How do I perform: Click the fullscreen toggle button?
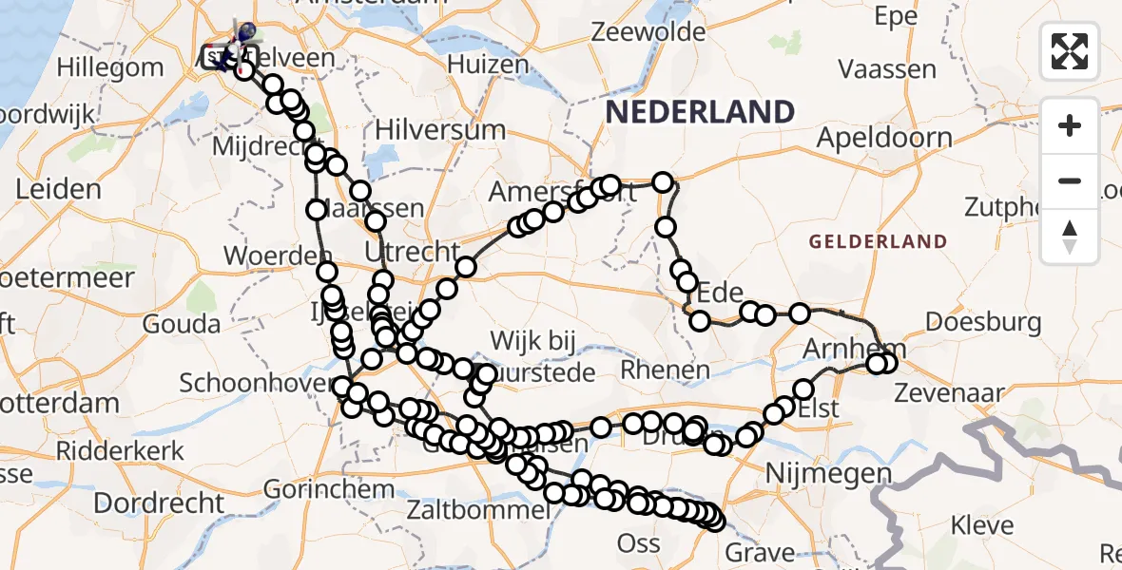(x=1070, y=51)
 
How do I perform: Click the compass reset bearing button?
(x=1070, y=237)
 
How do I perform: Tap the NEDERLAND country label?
(x=700, y=112)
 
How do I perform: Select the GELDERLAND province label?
(x=878, y=242)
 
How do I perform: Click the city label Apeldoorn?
(x=884, y=139)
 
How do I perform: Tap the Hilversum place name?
(x=440, y=129)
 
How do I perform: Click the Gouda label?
(x=182, y=324)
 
